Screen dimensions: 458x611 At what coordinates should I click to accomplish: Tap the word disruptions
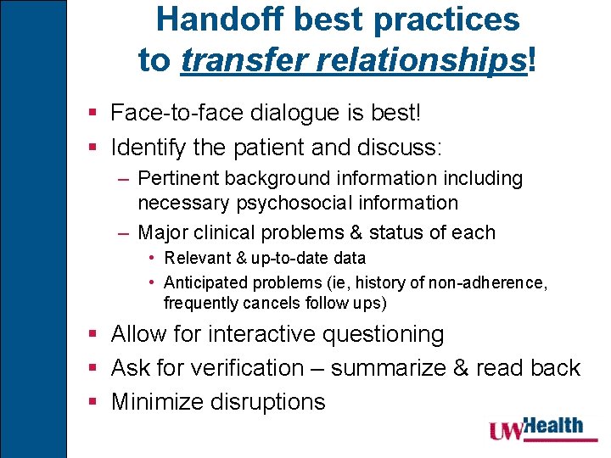[x=269, y=401]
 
